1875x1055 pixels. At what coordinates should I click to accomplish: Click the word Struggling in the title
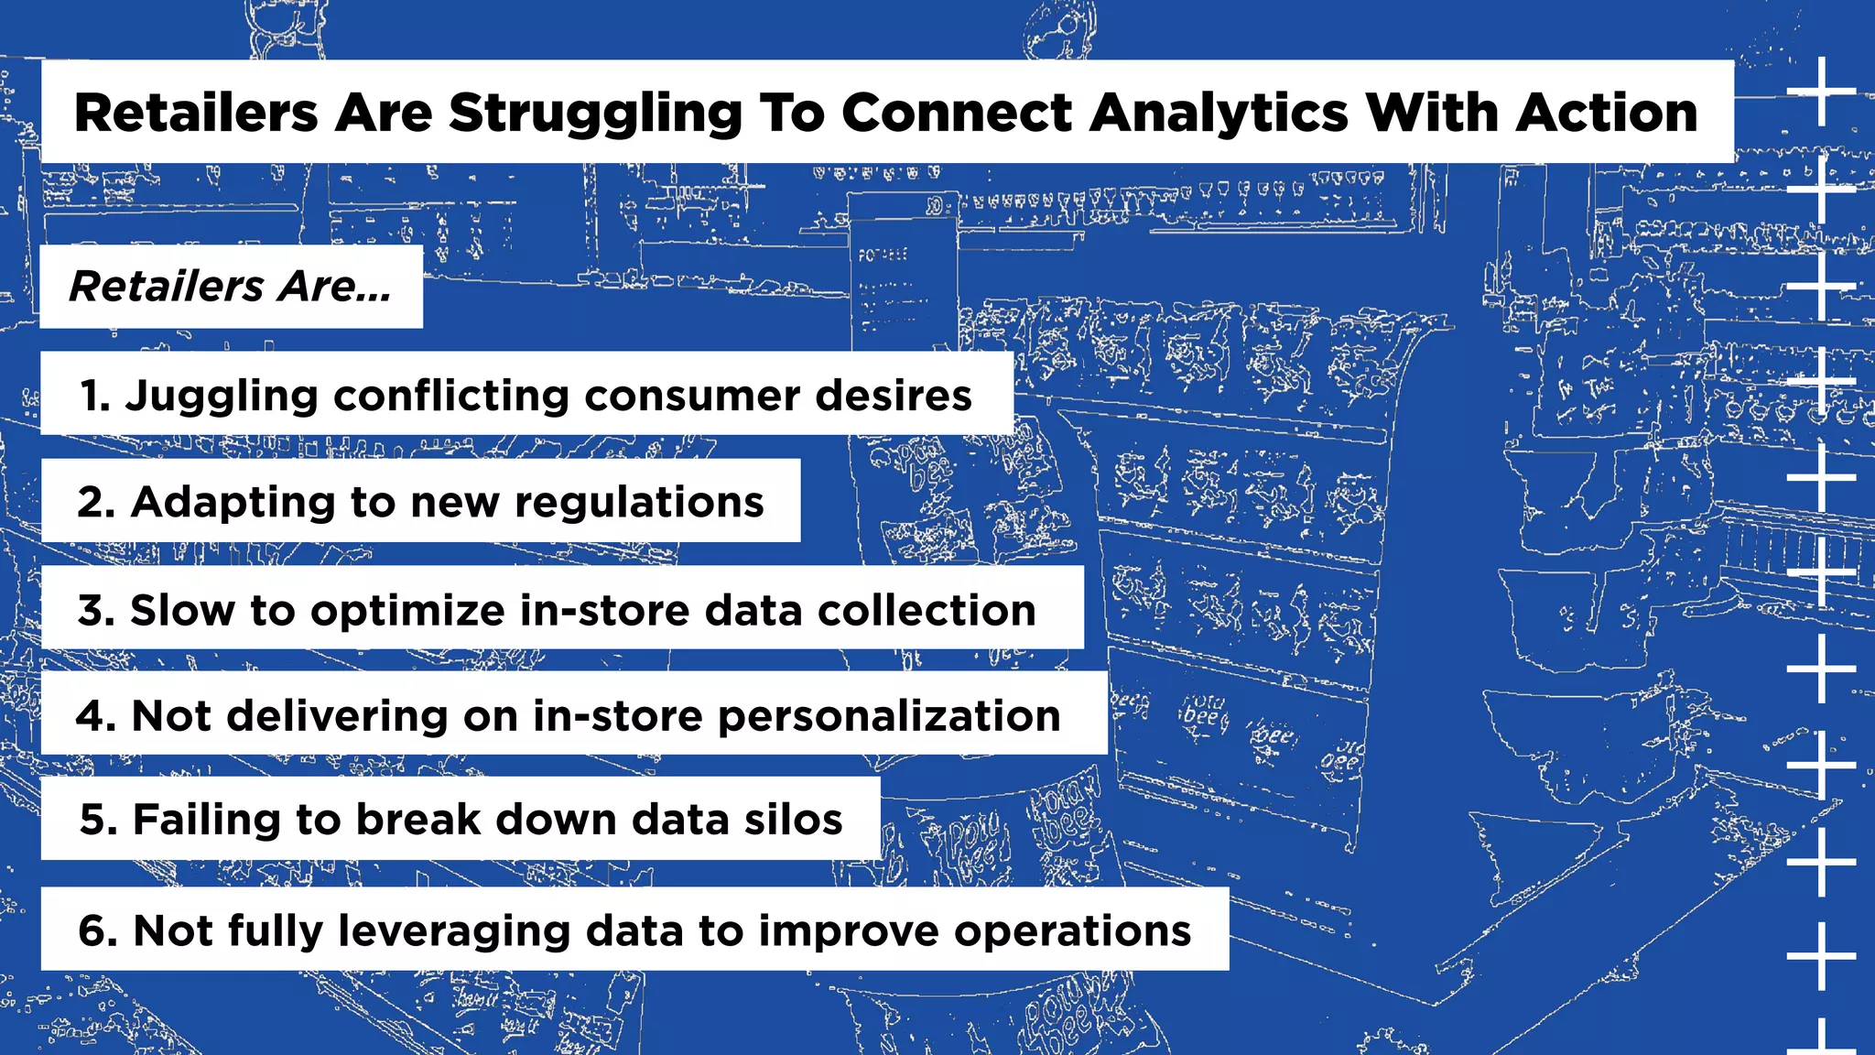[x=595, y=114]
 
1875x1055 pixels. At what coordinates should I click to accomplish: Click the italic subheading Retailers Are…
[x=231, y=287]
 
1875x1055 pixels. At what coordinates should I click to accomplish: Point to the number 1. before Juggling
[x=94, y=396]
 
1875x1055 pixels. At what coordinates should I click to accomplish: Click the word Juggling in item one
[x=222, y=396]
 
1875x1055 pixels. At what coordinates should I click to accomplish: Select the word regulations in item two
[x=639, y=502]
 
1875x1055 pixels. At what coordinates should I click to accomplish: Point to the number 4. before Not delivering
[x=96, y=715]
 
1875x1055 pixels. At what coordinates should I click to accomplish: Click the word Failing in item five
[x=207, y=819]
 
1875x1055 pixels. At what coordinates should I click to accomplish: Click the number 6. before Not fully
[x=98, y=930]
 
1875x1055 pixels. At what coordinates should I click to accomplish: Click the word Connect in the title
[x=958, y=114]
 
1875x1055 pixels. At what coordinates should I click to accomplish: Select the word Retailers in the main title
[x=196, y=114]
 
